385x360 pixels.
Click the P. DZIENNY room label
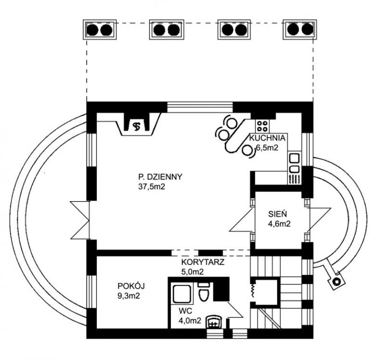[159, 177]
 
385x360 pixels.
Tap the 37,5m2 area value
[152, 187]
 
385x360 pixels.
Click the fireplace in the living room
[138, 125]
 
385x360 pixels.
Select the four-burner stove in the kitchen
[262, 126]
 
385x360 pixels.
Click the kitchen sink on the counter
[294, 158]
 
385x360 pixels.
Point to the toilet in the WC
[204, 292]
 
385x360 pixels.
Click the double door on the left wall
[79, 219]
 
